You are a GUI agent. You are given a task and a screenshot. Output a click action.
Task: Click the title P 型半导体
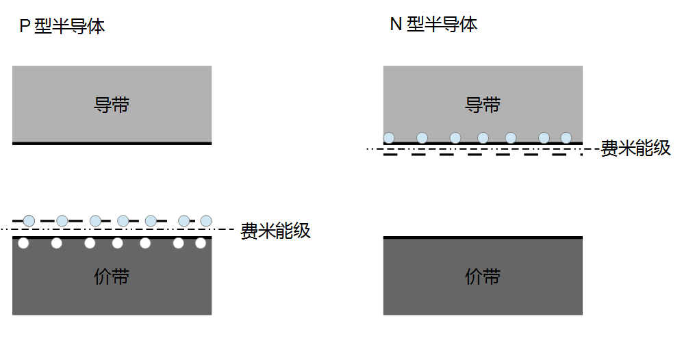(62, 27)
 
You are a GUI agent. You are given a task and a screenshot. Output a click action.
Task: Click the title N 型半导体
(433, 25)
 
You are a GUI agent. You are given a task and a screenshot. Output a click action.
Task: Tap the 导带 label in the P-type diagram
(111, 105)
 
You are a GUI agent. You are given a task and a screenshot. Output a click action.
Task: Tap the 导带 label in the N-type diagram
(483, 105)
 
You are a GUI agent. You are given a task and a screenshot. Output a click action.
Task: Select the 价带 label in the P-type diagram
(111, 277)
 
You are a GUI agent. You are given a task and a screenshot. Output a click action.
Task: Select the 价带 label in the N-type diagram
(483, 277)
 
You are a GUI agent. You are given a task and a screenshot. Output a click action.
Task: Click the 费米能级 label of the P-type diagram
(275, 231)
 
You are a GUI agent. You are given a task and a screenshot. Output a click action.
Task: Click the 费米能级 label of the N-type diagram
(635, 149)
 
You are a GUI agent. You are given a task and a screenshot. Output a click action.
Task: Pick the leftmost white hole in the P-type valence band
(23, 243)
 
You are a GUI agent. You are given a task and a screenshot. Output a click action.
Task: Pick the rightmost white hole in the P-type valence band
(201, 243)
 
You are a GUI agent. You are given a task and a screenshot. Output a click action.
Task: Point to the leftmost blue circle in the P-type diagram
(29, 220)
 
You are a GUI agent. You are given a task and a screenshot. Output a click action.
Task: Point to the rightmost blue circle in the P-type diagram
(206, 220)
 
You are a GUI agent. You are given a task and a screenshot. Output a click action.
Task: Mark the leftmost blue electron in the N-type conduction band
(389, 138)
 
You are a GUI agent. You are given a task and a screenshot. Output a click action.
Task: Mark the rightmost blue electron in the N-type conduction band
(566, 138)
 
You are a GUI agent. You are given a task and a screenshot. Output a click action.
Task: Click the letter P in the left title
(25, 27)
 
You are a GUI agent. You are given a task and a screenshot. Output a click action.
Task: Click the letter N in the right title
(395, 25)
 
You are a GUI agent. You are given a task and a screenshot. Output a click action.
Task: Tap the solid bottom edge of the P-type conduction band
(111, 143)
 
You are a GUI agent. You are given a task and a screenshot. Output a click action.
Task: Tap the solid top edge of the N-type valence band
(483, 237)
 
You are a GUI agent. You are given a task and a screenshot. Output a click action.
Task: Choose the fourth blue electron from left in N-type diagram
(483, 138)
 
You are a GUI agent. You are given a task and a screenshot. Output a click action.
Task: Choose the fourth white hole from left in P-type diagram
(118, 243)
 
